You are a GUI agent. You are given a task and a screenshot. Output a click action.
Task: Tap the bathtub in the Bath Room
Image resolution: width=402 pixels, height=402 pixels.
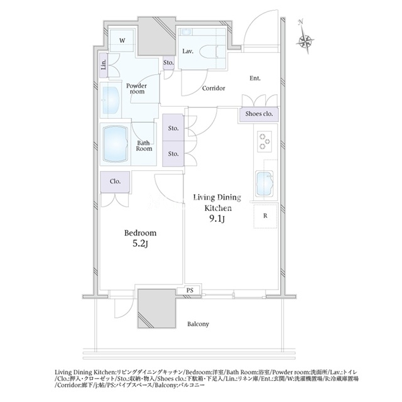pos(116,144)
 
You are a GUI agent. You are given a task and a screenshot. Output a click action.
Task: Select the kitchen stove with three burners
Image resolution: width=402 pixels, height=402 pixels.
pos(264,141)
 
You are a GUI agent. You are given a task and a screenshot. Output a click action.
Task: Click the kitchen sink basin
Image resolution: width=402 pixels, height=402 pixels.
pos(264,183)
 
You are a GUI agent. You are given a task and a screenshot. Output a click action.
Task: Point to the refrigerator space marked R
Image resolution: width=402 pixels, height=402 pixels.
pos(265,216)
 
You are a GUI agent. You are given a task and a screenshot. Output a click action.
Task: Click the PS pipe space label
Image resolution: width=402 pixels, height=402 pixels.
pos(190,290)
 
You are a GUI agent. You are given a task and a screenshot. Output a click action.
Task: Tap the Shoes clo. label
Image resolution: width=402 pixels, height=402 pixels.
pos(259,114)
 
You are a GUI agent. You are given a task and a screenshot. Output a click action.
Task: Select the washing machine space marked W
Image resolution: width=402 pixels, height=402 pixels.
pos(122,40)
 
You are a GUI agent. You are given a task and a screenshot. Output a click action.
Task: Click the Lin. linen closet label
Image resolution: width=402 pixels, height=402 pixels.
pos(104,65)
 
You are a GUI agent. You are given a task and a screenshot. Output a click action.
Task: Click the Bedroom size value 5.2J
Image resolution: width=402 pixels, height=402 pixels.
pos(140,244)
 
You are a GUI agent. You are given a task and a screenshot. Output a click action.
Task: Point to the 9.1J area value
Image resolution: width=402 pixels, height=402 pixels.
pos(217,219)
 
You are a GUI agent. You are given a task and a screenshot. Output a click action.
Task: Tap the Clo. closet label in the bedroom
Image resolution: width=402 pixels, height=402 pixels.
pos(115,182)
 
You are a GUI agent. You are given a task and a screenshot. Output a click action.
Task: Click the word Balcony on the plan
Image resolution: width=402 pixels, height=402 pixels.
pos(198,324)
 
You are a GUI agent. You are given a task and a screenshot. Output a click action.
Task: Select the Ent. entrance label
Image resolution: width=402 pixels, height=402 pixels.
pos(255,78)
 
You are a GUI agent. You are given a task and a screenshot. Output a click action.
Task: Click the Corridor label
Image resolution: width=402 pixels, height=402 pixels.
pos(214,88)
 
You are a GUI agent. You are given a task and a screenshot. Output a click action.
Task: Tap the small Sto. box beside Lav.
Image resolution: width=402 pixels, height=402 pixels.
pos(168,62)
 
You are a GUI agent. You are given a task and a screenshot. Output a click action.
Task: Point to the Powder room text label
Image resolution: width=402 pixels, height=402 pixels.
pos(137,89)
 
